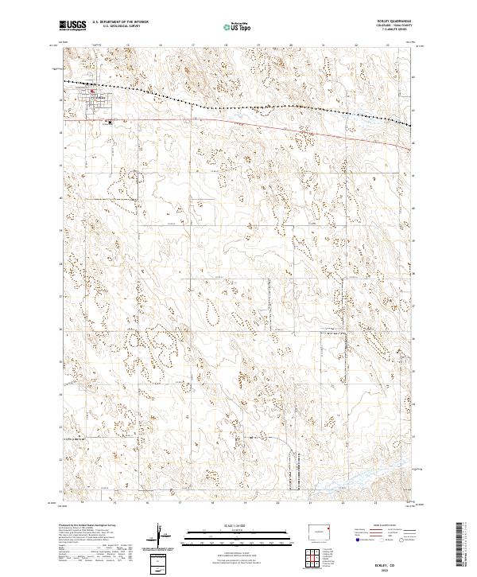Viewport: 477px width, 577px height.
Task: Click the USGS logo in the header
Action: tap(72, 25)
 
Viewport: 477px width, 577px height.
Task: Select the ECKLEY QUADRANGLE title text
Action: tap(394, 22)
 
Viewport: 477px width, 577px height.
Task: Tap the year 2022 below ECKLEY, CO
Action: tap(395, 568)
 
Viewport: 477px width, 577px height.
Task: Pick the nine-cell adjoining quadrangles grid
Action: tap(322, 555)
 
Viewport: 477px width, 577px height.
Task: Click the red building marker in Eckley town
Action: tap(92, 92)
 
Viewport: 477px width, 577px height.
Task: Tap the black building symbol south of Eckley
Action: tap(109, 122)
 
